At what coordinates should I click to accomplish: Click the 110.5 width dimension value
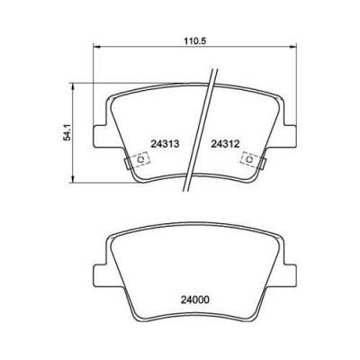click(x=194, y=40)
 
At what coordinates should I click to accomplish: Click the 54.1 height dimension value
click(x=67, y=133)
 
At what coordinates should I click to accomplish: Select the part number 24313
click(x=165, y=144)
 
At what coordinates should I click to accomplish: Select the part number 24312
click(x=225, y=144)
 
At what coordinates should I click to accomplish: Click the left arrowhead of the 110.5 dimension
click(x=96, y=47)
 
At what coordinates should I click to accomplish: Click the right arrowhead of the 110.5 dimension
click(x=293, y=47)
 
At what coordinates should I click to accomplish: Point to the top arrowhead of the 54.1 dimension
click(x=73, y=86)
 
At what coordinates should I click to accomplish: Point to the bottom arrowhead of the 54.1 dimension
click(x=73, y=179)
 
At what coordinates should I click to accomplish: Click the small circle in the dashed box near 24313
click(x=140, y=159)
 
